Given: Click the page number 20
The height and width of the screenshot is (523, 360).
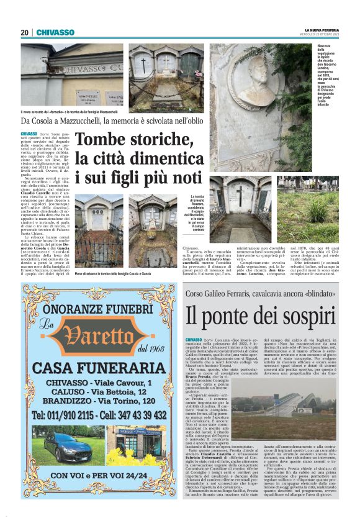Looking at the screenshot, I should point(25,32).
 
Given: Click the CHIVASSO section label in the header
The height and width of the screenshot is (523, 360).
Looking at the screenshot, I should point(55,32).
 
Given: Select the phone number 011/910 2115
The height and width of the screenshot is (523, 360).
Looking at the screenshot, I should point(61,414).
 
